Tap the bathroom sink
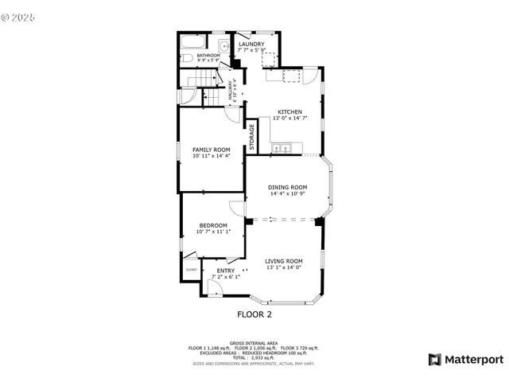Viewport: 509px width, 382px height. [x=225, y=47]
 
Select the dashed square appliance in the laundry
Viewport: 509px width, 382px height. [x=269, y=60]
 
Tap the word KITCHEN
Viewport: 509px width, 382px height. [x=289, y=111]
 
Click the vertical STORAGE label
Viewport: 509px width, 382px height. [x=252, y=136]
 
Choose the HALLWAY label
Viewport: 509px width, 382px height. [x=231, y=90]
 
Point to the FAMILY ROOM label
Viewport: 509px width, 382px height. [x=211, y=150]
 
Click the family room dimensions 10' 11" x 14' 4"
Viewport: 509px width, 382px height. [x=211, y=156]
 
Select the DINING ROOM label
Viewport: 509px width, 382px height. [x=288, y=187]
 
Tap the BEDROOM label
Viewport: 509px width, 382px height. [x=213, y=225]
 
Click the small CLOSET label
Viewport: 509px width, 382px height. [x=192, y=270]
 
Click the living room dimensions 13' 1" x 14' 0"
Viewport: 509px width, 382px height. [x=284, y=267]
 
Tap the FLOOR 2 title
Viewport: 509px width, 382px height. [x=254, y=314]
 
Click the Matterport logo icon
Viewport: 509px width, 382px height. [x=433, y=359]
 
